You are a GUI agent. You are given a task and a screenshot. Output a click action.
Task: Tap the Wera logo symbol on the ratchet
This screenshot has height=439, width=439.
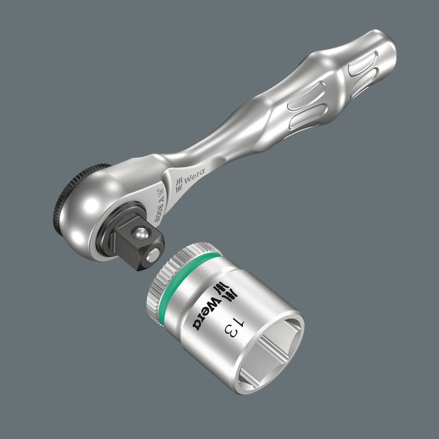[179, 186]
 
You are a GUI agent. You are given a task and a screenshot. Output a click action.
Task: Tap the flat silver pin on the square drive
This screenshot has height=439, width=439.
[153, 255]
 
